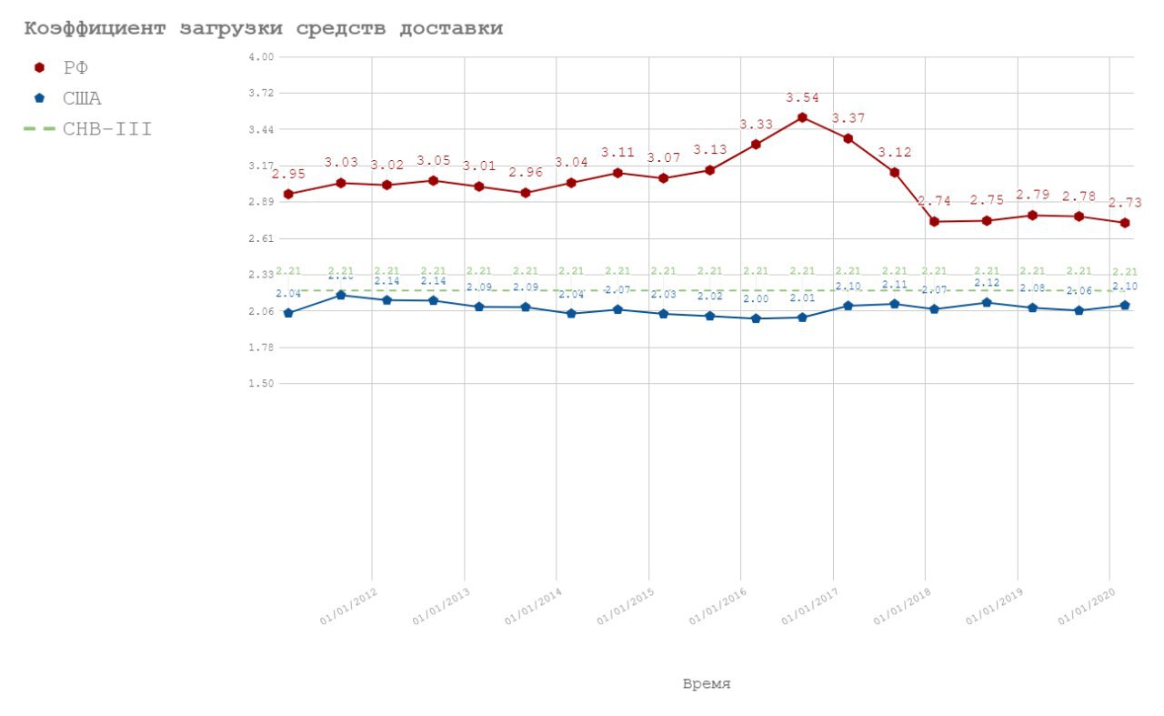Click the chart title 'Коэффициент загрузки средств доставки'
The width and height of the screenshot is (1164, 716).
[x=263, y=29]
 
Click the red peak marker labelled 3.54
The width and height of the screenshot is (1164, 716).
[x=802, y=117]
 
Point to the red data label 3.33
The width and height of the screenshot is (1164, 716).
[x=757, y=125]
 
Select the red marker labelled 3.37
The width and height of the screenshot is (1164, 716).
[x=848, y=138]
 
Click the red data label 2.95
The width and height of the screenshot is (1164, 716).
[x=288, y=174]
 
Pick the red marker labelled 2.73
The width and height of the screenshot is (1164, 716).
[x=1125, y=223]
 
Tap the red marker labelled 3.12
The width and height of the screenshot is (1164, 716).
[x=895, y=172]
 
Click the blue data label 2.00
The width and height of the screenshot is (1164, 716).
[x=756, y=299]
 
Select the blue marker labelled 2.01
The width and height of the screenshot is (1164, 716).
[x=802, y=317]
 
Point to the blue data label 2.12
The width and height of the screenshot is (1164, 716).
[x=987, y=283]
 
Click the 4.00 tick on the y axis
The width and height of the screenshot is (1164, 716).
[x=261, y=57]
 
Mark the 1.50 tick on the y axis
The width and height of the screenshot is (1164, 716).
[x=261, y=384]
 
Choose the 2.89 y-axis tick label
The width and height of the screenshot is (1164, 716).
[x=261, y=202]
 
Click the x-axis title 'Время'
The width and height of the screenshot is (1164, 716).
[x=707, y=684]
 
